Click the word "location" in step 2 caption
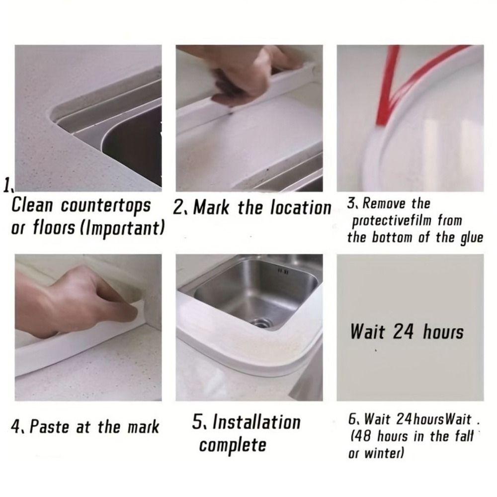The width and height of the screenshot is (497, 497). tap(301, 208)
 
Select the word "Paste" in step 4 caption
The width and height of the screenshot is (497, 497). tap(49, 426)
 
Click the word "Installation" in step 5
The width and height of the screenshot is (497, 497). tap(257, 422)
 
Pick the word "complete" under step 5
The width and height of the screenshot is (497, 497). tap(233, 445)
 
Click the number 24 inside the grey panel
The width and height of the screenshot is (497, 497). tap(404, 331)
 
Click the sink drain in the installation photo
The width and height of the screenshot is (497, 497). tap(261, 324)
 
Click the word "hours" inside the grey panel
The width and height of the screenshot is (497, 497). tap(443, 332)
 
